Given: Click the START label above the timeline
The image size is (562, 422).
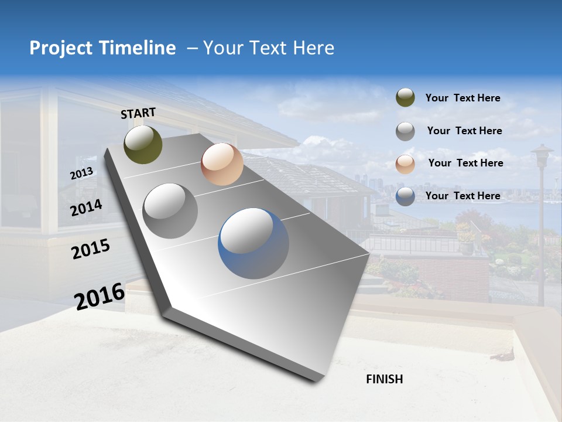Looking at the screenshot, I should (x=138, y=113).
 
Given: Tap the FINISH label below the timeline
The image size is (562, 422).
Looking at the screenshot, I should (x=384, y=379).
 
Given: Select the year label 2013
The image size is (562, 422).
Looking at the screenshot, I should (x=81, y=173).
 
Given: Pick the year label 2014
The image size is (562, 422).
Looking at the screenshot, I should (x=87, y=208).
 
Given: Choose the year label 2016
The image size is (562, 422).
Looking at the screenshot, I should (x=100, y=297).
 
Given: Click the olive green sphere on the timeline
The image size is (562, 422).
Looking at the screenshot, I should (x=143, y=144).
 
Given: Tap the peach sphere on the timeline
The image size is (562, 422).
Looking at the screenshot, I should (x=222, y=164).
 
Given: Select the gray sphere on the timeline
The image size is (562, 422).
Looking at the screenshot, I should (x=170, y=211).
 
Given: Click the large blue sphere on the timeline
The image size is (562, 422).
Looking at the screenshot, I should (x=253, y=243).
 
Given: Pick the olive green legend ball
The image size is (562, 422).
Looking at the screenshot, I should (x=405, y=98).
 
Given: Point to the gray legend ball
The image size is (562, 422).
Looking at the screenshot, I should (x=405, y=131).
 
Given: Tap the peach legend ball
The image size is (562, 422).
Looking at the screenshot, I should (x=405, y=164).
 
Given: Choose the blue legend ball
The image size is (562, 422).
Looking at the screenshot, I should (x=405, y=196).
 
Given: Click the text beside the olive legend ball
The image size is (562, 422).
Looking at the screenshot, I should (x=462, y=98).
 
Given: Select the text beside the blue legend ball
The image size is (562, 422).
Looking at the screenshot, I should (x=462, y=196).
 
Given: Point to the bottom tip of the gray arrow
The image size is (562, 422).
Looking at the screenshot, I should (x=316, y=381).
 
